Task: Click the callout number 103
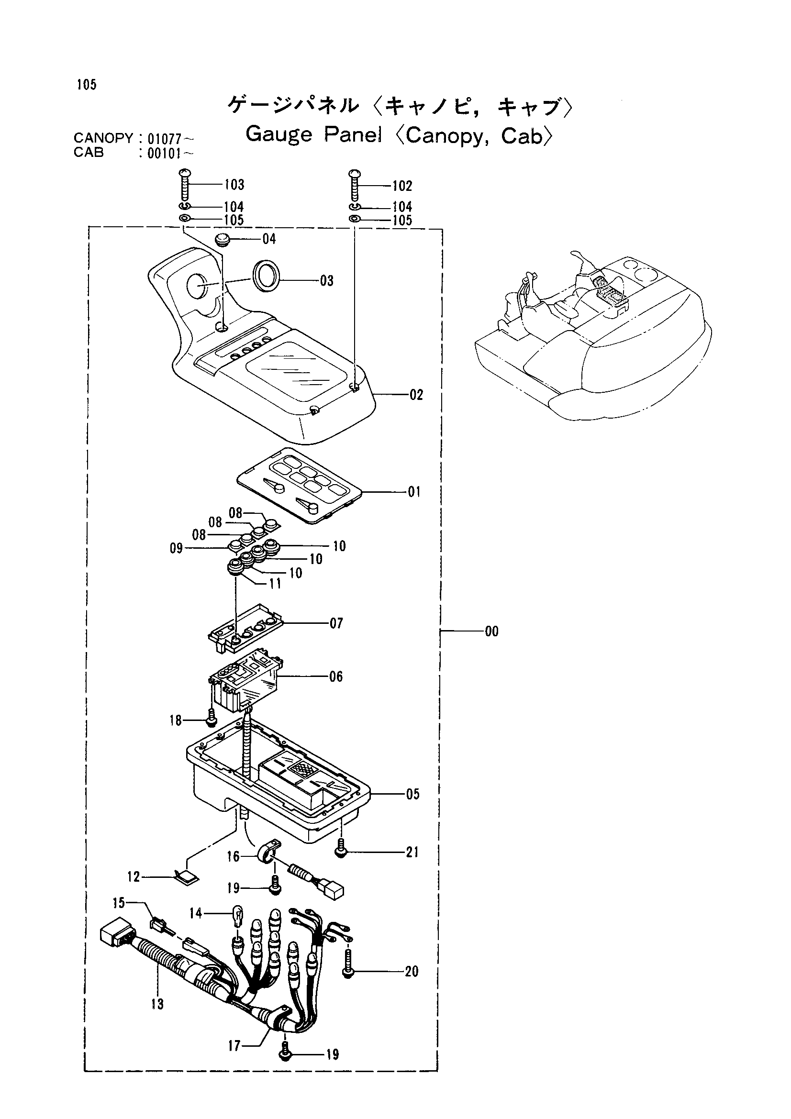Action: click(234, 185)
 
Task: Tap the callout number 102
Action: click(402, 186)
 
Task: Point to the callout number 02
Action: click(416, 394)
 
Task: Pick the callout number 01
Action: click(414, 492)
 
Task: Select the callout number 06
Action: click(336, 676)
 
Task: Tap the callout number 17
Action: click(234, 1045)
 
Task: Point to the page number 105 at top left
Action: click(86, 85)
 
